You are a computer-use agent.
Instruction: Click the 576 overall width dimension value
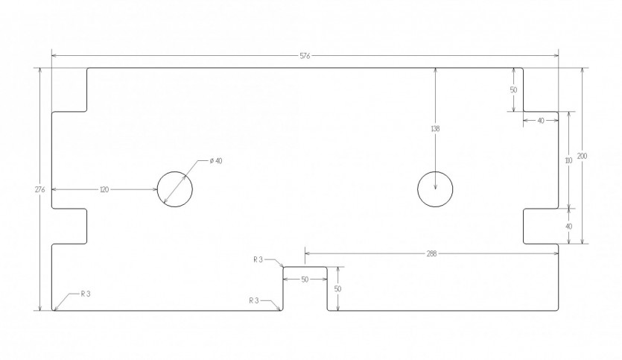click(x=305, y=56)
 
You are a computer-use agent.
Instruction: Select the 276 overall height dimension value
click(x=39, y=189)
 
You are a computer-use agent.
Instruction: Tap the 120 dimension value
click(x=104, y=190)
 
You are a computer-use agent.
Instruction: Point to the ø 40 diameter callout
click(x=216, y=161)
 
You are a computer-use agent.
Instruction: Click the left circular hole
click(x=175, y=172)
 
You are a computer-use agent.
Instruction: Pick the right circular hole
click(x=435, y=172)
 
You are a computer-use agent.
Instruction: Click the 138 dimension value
click(x=435, y=129)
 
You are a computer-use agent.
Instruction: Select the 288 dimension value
click(x=431, y=253)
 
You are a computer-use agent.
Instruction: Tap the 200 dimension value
click(x=582, y=157)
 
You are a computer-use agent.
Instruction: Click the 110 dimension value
click(x=568, y=161)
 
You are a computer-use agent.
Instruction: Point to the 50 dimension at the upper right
click(x=513, y=90)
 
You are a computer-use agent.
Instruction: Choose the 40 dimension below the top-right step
click(x=541, y=121)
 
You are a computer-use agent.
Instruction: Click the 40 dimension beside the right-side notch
click(x=568, y=227)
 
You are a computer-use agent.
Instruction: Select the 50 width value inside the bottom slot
click(x=305, y=280)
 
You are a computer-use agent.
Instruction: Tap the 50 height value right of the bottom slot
click(x=337, y=289)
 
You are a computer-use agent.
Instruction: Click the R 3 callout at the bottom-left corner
click(x=86, y=294)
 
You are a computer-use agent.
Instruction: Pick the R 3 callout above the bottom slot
click(x=258, y=259)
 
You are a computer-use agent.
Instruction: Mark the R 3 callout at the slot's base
click(x=254, y=301)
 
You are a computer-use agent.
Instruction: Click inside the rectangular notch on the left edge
click(x=69, y=226)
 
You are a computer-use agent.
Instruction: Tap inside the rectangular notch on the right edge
click(x=541, y=226)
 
